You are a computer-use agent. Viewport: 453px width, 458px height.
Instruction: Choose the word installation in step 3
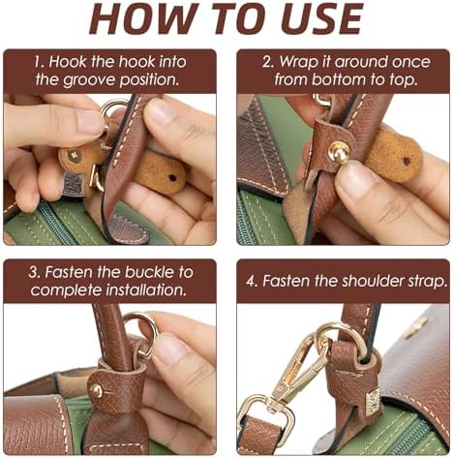point(146,290)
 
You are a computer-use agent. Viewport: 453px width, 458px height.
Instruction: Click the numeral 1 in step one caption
point(38,62)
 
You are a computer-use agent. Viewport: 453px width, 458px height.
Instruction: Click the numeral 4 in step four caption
point(251,281)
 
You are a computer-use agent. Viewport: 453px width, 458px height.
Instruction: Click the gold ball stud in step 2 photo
point(339,152)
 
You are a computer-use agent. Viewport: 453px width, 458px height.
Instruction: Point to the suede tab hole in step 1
point(173,177)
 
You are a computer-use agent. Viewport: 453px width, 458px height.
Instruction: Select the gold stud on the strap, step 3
point(97,391)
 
